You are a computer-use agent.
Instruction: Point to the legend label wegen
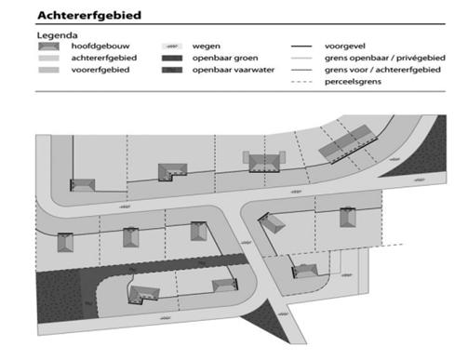(x=207, y=46)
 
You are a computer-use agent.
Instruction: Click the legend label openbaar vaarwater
(x=229, y=70)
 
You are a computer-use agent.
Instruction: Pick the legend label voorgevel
(x=345, y=46)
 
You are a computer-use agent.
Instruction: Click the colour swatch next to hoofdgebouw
(x=47, y=46)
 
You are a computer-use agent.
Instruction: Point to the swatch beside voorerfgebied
(x=47, y=70)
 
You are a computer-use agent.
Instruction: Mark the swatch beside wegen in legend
(x=170, y=46)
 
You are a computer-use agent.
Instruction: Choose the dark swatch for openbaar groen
(x=170, y=58)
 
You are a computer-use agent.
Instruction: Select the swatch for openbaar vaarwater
(x=170, y=70)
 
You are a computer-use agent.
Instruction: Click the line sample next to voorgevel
(x=301, y=46)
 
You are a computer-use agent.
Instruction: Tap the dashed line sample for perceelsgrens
(x=301, y=82)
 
